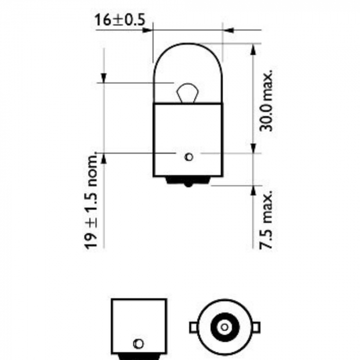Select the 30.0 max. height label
pyautogui.click(x=266, y=100)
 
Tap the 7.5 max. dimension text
pyautogui.click(x=266, y=219)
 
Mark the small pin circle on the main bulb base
pyautogui.click(x=189, y=156)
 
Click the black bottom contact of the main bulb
pyautogui.click(x=189, y=181)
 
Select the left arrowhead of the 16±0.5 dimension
pyautogui.click(x=149, y=30)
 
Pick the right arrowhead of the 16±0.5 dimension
pyautogui.click(x=228, y=30)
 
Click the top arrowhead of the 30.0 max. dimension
pyautogui.click(x=253, y=49)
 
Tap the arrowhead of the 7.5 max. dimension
pyautogui.click(x=253, y=190)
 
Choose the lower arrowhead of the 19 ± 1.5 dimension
pyautogui.click(x=103, y=157)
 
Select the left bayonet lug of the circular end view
pyautogui.click(x=193, y=327)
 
